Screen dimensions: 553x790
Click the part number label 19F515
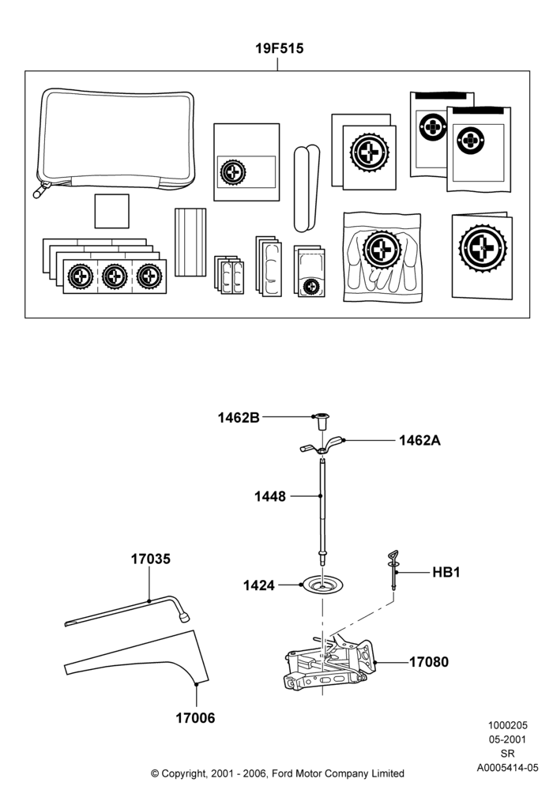(x=279, y=48)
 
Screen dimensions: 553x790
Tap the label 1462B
(x=239, y=418)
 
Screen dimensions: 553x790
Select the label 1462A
(x=419, y=440)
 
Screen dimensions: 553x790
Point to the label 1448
(x=270, y=496)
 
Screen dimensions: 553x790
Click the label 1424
(x=259, y=585)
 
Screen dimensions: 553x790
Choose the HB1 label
(x=446, y=572)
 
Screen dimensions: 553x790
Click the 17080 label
(x=429, y=661)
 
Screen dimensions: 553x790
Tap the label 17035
(x=151, y=559)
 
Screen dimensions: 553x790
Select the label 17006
(x=195, y=717)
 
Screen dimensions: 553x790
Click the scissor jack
(x=330, y=664)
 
